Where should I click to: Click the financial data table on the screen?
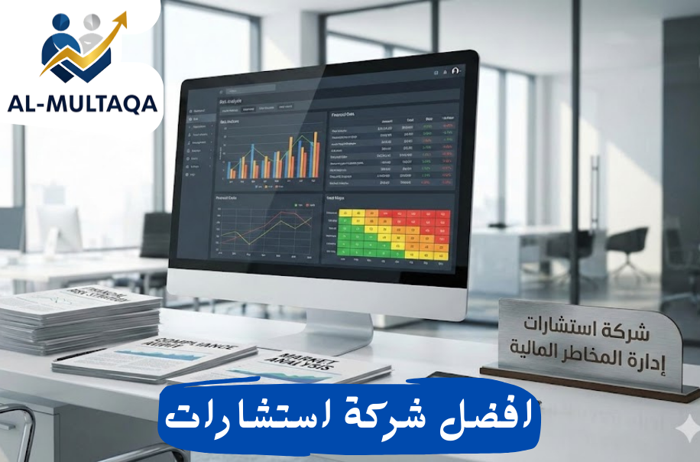(392, 152)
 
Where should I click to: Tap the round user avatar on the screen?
(455, 70)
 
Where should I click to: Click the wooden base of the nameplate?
(588, 382)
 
